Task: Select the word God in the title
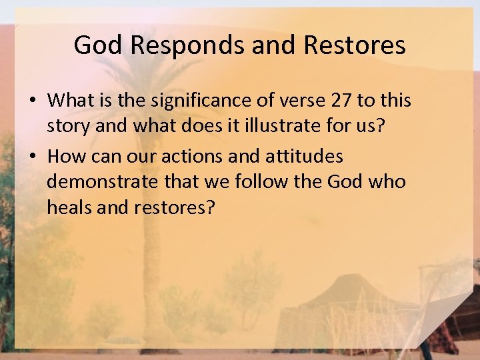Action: pyautogui.click(x=98, y=45)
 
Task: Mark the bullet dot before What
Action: pyautogui.click(x=33, y=101)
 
